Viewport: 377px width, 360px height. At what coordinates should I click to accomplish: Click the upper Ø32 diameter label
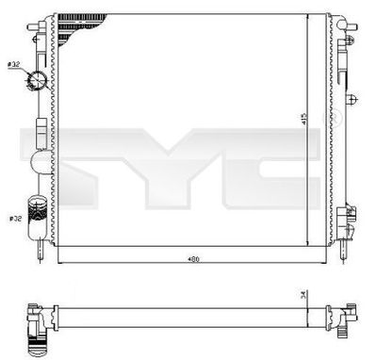14,63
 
